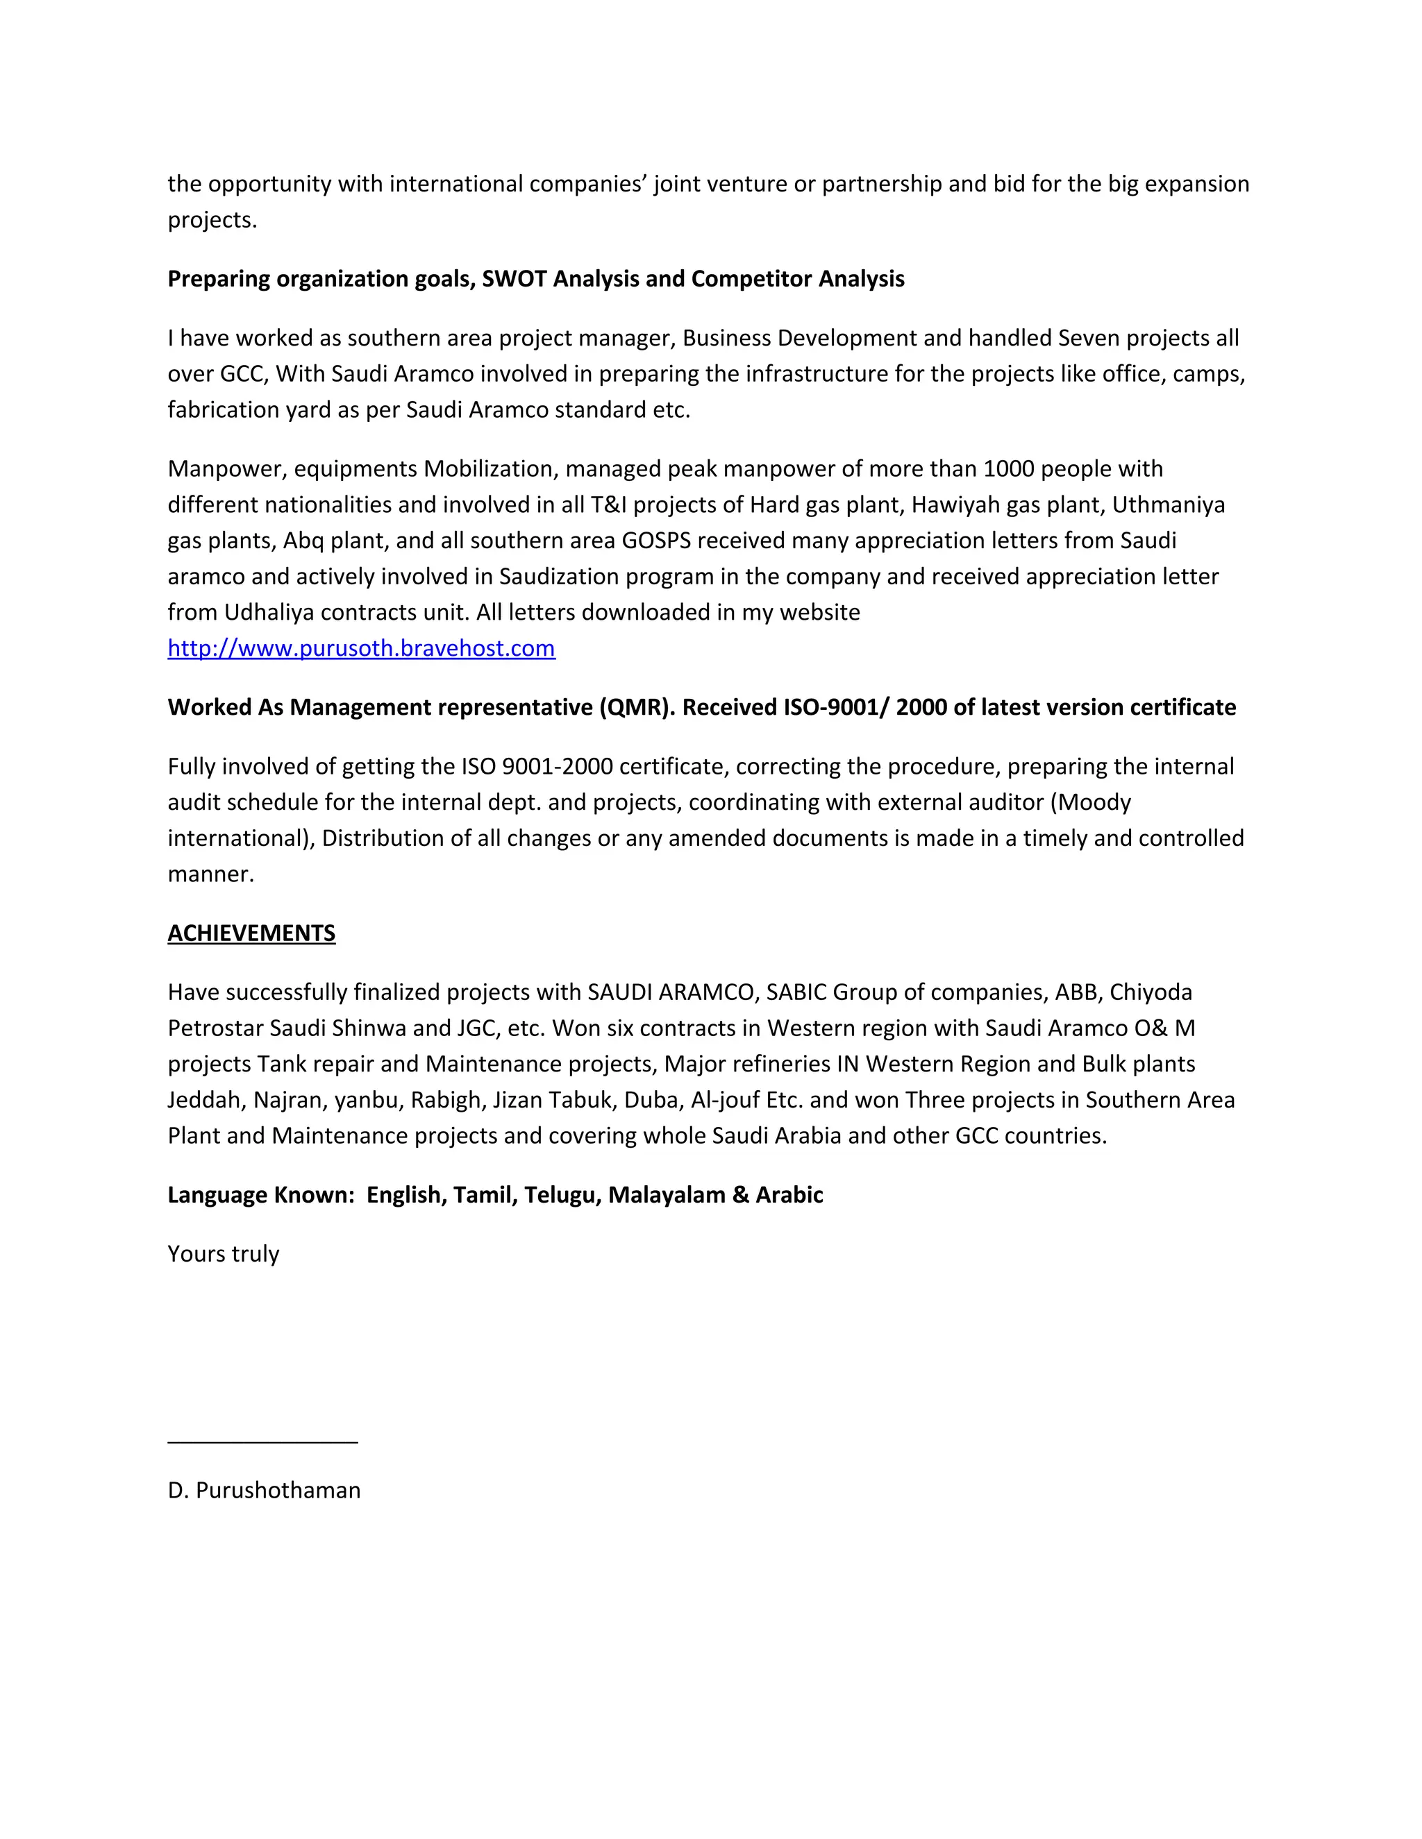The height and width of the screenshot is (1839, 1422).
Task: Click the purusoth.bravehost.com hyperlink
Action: click(361, 648)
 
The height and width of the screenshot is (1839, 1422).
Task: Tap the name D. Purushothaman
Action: click(264, 1491)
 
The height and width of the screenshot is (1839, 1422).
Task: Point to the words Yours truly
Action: click(224, 1254)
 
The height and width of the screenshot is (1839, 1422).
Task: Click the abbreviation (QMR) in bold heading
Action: click(637, 707)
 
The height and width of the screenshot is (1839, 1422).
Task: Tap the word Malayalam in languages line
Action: click(667, 1195)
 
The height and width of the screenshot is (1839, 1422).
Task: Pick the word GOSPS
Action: click(656, 541)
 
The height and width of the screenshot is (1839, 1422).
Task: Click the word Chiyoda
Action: click(1151, 993)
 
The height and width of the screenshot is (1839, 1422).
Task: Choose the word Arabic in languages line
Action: click(789, 1195)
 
